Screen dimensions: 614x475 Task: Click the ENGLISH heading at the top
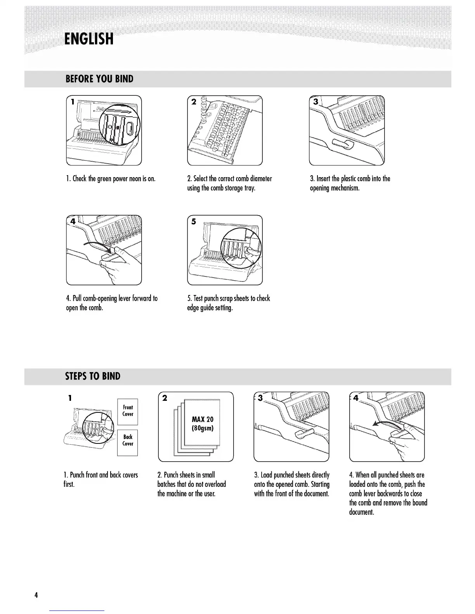[89, 39]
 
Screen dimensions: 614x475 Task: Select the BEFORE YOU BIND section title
[99, 79]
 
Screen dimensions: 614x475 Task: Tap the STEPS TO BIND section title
[93, 376]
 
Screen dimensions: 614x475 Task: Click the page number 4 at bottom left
[36, 595]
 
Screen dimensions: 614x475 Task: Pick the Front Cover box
[128, 411]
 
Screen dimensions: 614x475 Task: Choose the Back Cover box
[128, 440]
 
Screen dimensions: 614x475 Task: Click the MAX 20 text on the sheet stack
[203, 419]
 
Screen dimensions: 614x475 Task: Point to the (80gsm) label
[203, 428]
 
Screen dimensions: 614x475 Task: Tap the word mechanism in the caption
[345, 188]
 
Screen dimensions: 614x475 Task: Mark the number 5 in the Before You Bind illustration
[194, 222]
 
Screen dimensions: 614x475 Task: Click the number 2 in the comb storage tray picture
[194, 102]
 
